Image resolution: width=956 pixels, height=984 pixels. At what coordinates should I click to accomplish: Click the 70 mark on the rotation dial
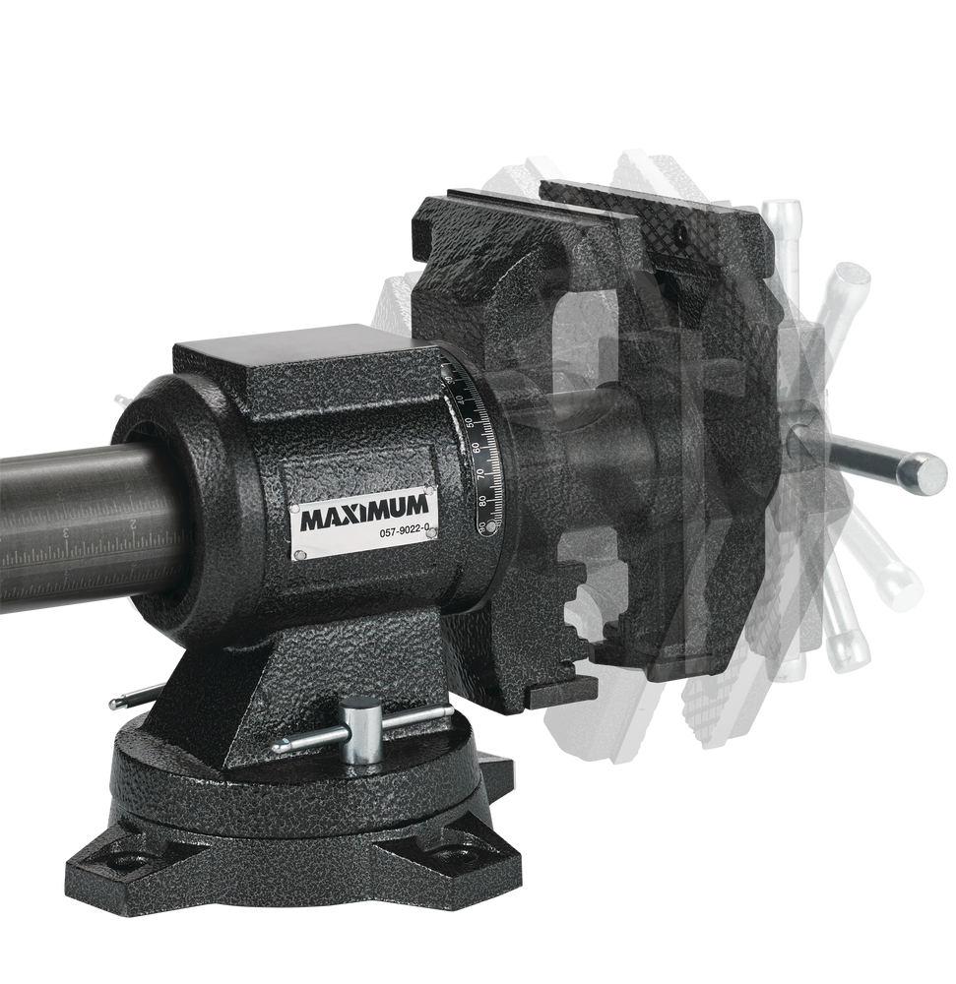tap(479, 473)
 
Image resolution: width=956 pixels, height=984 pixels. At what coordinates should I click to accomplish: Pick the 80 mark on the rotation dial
tap(481, 500)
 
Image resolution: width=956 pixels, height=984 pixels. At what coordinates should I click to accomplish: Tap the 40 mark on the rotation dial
tap(459, 399)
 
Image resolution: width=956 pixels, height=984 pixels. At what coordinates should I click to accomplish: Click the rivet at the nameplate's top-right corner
tap(430, 489)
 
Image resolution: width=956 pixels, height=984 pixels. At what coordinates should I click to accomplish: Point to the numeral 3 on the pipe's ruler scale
tap(65, 534)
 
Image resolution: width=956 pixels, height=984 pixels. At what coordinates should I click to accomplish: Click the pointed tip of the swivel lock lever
tap(277, 748)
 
